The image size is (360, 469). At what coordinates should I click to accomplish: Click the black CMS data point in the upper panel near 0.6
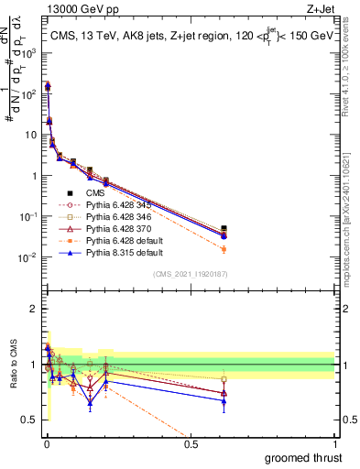224,228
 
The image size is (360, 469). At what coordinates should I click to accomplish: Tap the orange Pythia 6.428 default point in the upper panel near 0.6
224,249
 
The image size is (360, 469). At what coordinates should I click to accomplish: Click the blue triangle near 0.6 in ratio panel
224,401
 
